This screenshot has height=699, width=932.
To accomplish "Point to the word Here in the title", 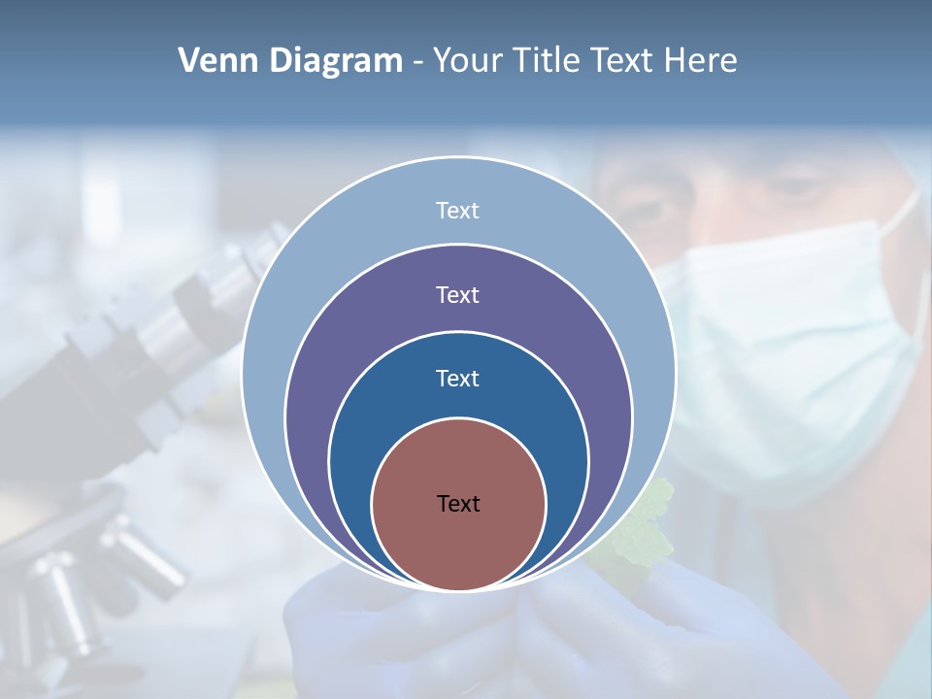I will [x=700, y=61].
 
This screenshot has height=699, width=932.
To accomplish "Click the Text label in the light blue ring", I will [x=457, y=211].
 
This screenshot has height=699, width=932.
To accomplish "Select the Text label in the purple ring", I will [x=457, y=294].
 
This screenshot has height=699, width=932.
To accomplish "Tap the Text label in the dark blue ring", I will [x=457, y=378].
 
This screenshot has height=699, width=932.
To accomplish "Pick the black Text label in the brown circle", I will [x=458, y=503].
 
